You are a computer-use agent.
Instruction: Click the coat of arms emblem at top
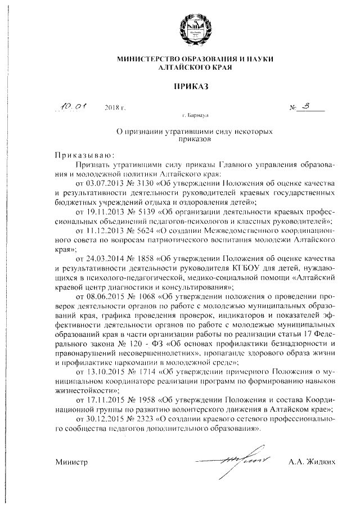click(x=195, y=28)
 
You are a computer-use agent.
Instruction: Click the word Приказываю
click(x=84, y=155)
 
